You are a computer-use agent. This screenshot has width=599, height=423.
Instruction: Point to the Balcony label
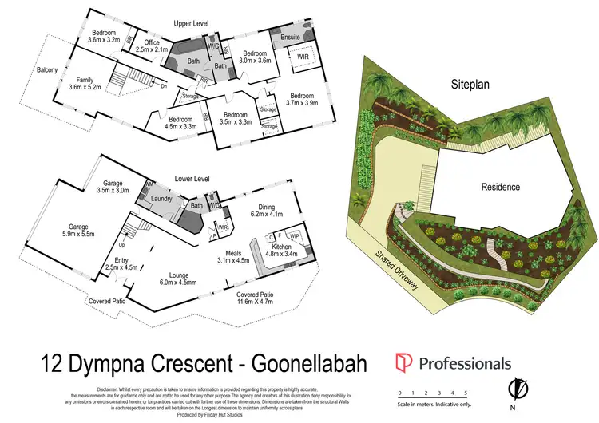click(46, 69)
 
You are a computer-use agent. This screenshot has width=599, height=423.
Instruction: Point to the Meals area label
click(234, 254)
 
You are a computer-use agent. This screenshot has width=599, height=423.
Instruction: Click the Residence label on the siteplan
click(500, 188)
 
